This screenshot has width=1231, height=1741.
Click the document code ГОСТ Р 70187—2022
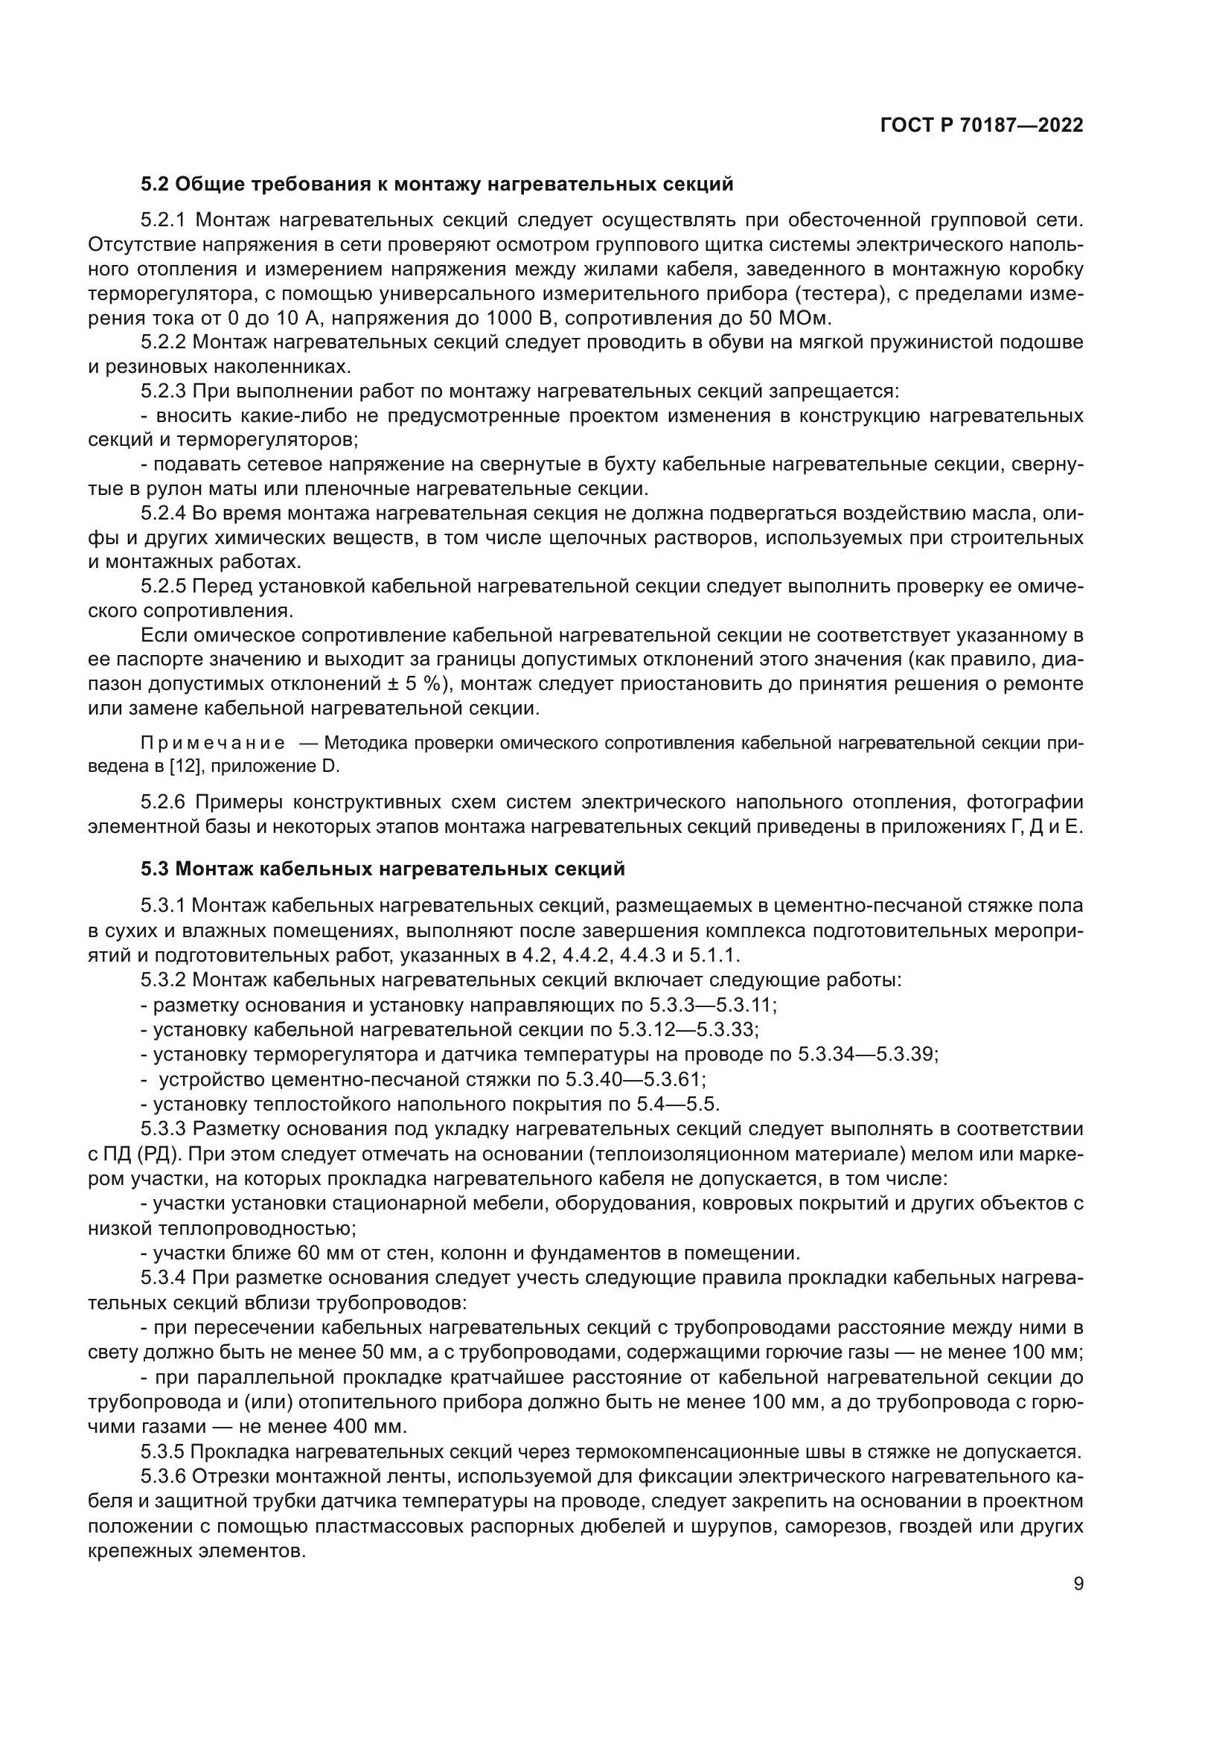pyautogui.click(x=982, y=126)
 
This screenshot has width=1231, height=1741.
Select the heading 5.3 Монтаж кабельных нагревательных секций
pyautogui.click(x=383, y=869)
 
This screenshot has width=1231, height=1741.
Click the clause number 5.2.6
pyautogui.click(x=164, y=802)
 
